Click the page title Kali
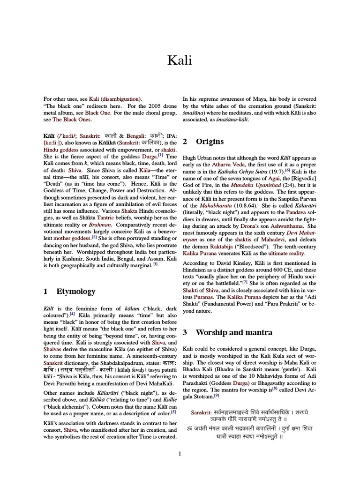pos(180,60)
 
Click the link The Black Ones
pos(70,120)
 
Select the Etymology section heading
pos(75,291)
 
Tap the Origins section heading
pos(209,141)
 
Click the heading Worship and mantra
pos(233,332)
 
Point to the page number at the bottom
pos(180,453)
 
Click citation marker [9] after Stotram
pos(217,395)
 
